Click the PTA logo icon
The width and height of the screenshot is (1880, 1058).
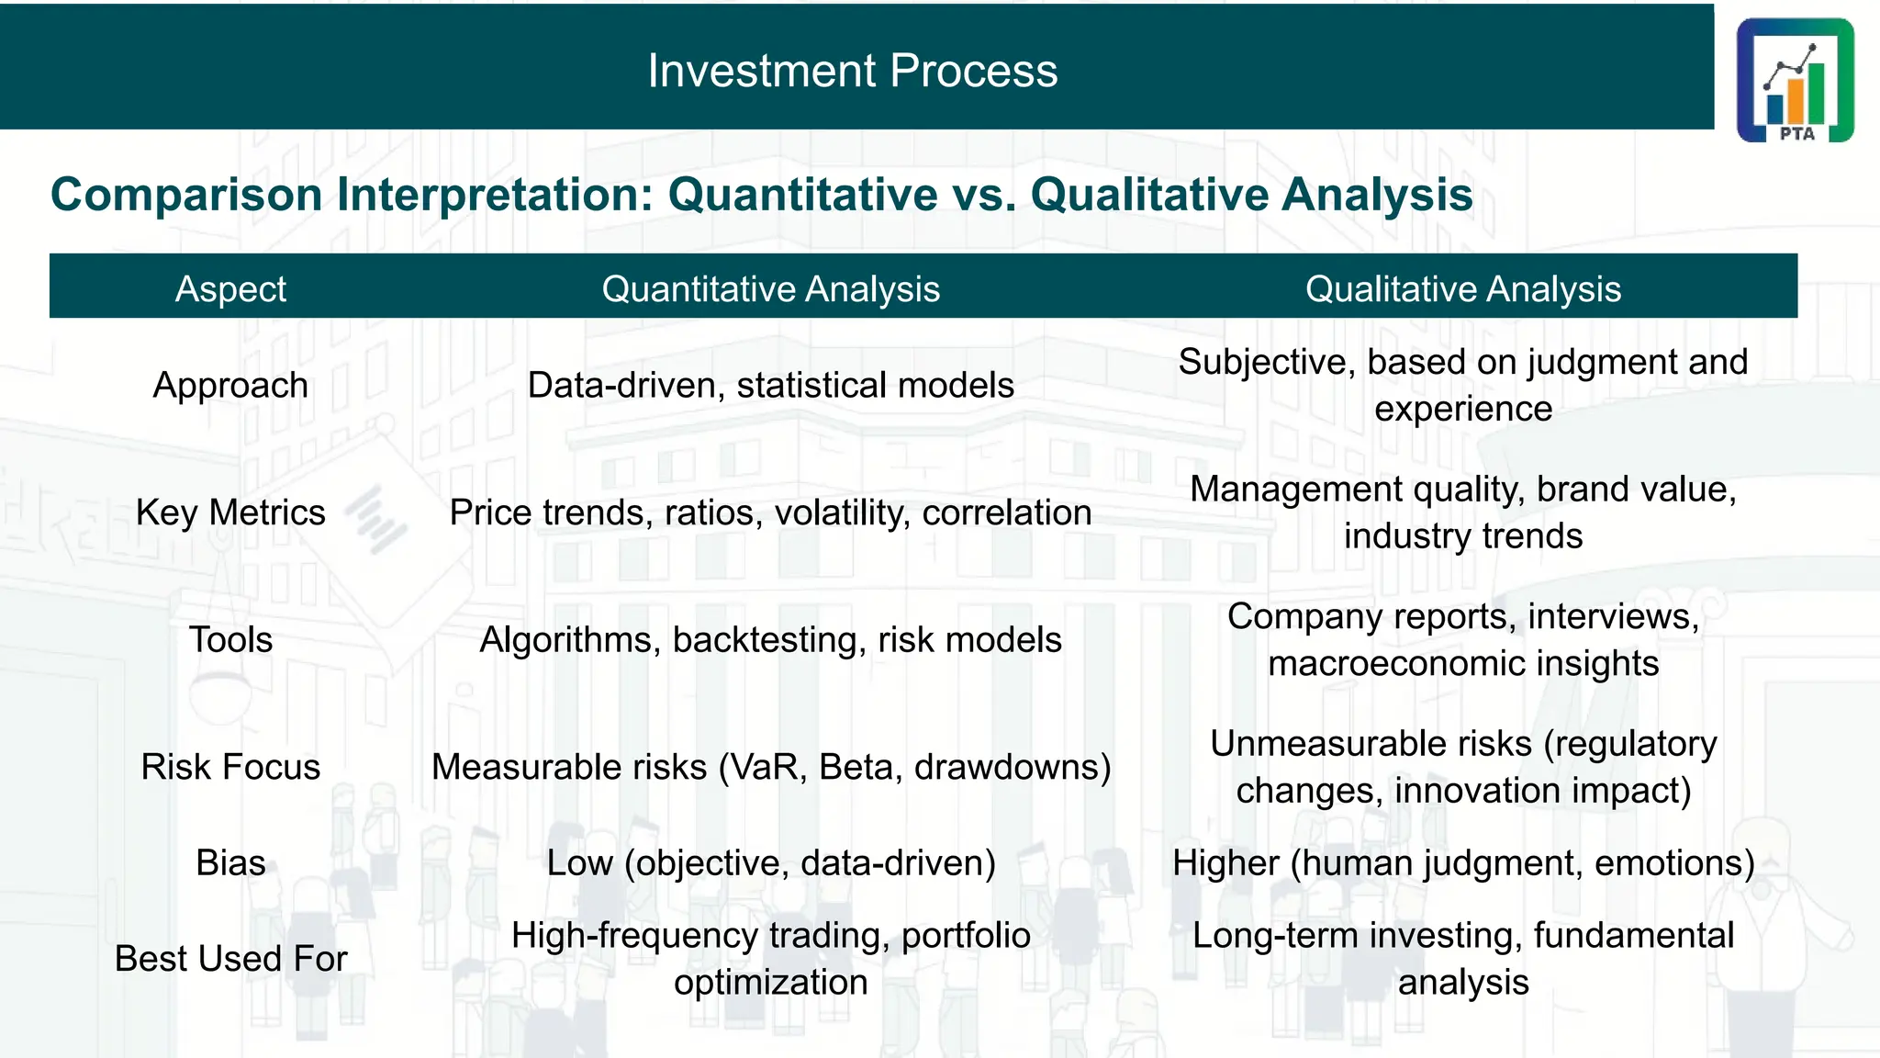click(x=1795, y=80)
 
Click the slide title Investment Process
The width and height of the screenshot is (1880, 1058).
click(x=852, y=71)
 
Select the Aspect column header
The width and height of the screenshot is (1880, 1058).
click(x=230, y=289)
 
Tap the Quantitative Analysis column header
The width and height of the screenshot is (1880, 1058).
click(x=770, y=289)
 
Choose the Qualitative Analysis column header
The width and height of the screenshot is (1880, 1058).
click(x=1462, y=289)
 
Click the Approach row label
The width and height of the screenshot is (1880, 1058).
click(x=230, y=385)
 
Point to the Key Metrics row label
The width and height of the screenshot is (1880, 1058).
click(x=230, y=512)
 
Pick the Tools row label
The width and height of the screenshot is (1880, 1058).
click(x=230, y=639)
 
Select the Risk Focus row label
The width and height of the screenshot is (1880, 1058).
click(x=230, y=767)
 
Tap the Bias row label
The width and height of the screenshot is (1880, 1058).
click(x=230, y=863)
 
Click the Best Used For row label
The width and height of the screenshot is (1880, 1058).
click(x=230, y=959)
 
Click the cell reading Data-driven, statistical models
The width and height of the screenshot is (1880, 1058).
click(x=770, y=385)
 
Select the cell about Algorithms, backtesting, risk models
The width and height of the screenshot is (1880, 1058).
click(x=770, y=639)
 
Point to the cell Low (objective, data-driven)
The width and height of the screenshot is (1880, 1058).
click(x=770, y=863)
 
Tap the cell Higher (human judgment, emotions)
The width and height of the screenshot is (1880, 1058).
click(x=1462, y=863)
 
